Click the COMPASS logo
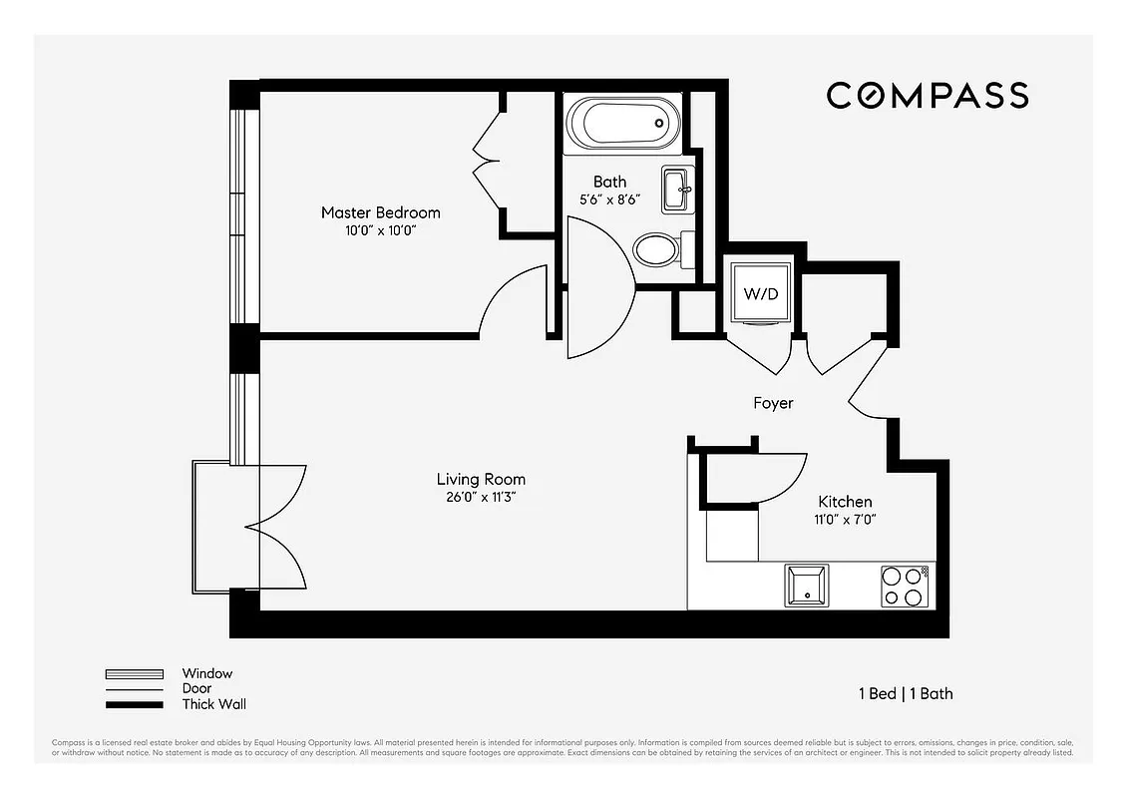927,96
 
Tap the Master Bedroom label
380,212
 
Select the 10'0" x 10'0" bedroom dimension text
380,230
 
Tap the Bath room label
609,182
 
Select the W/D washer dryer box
760,293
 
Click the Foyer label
773,403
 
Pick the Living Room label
481,479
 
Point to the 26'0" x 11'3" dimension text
481,497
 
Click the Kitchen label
845,502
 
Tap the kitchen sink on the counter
805,586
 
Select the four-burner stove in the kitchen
905,586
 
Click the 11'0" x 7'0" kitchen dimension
845,519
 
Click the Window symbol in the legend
134,674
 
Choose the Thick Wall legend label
213,704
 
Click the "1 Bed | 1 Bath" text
906,693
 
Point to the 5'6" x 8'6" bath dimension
609,199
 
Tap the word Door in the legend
196,689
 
